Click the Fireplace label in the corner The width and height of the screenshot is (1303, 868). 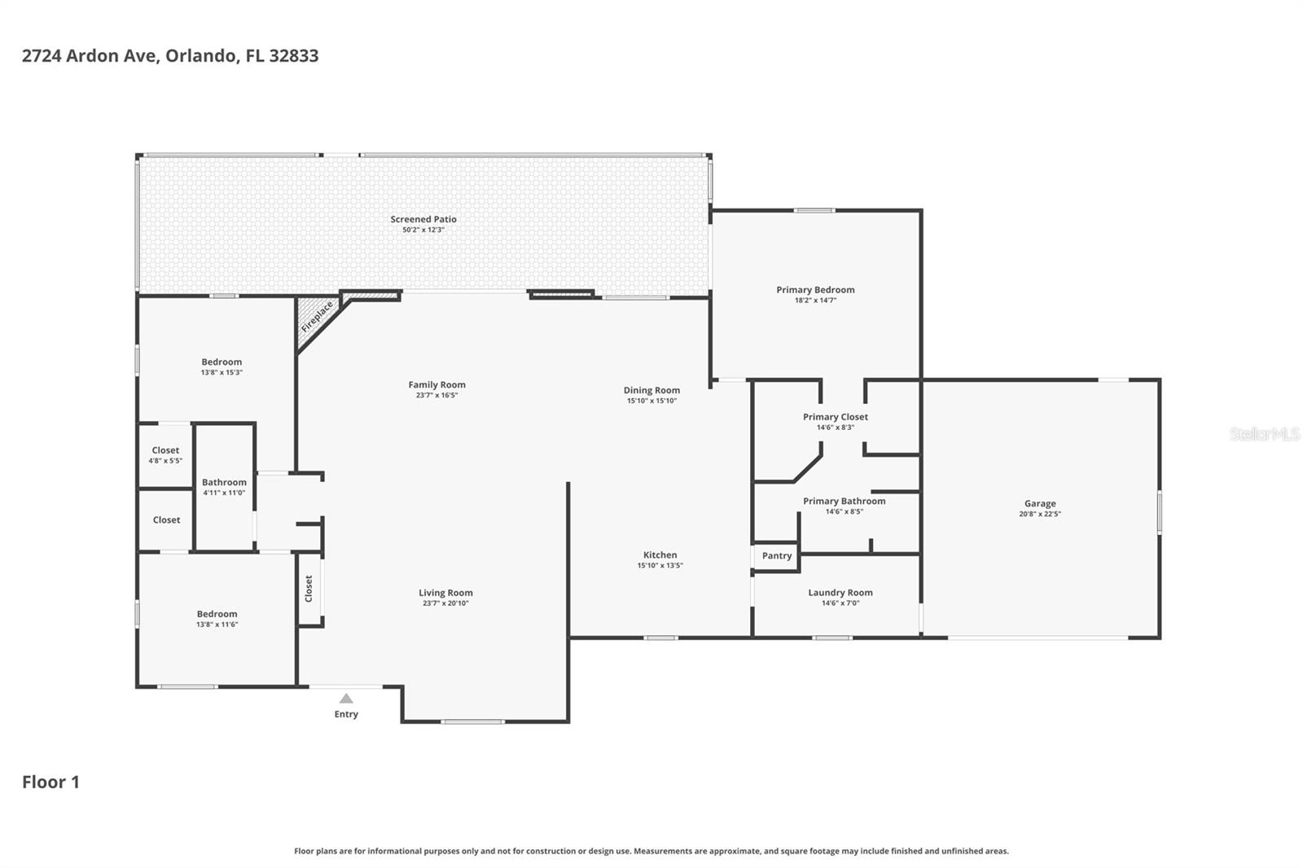(x=317, y=316)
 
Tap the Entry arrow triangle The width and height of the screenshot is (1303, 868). (x=346, y=699)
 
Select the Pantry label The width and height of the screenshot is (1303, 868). (x=777, y=556)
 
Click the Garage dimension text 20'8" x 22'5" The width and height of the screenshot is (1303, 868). (x=1040, y=514)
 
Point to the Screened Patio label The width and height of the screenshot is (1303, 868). (x=423, y=219)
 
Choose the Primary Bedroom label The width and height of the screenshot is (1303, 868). (x=815, y=290)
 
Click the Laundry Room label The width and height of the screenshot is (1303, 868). (x=840, y=593)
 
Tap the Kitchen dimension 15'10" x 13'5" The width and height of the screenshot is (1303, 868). (x=660, y=565)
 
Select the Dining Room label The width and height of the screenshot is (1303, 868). (x=651, y=391)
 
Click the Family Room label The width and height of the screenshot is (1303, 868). (x=437, y=385)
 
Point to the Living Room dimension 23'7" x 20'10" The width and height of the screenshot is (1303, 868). (x=445, y=603)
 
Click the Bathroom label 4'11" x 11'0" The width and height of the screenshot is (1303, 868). (x=224, y=482)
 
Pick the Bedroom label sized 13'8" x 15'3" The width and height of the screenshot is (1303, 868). (x=222, y=362)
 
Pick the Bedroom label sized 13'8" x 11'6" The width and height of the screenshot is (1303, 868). (x=217, y=615)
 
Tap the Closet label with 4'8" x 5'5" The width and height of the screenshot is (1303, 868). (x=165, y=450)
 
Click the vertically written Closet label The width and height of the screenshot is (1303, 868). (x=309, y=589)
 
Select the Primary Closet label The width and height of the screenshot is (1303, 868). (x=836, y=417)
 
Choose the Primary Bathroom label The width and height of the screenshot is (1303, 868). (x=845, y=502)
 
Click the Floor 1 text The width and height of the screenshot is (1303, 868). (x=50, y=783)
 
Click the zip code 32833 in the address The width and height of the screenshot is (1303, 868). (x=294, y=56)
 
